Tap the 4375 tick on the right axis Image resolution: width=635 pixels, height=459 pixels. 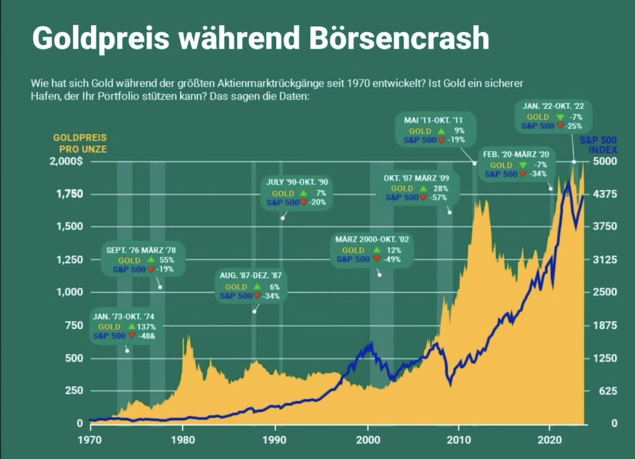click(605, 194)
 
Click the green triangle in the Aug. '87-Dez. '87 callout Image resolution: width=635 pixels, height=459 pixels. click(257, 287)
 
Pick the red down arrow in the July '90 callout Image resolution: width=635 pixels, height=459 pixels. click(303, 202)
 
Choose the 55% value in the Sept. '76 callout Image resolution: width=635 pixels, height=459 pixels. click(166, 260)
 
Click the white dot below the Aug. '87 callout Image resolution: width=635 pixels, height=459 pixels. click(254, 311)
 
